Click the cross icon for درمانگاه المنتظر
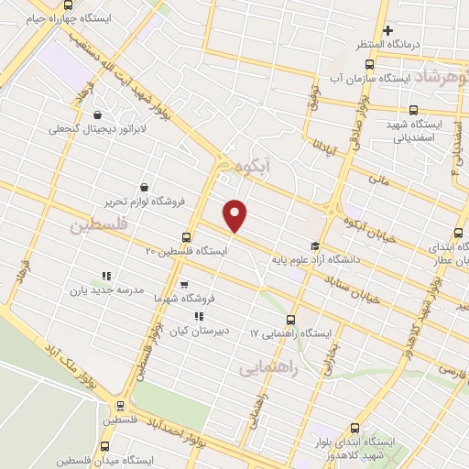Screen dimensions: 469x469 coord(387,29)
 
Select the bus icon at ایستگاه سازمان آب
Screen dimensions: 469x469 coord(370,64)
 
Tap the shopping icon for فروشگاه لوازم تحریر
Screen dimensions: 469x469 coord(145,188)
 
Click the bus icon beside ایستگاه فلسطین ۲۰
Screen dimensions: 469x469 coord(187,236)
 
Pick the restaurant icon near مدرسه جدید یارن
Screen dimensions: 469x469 coord(105,275)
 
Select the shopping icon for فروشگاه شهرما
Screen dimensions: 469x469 coord(184,285)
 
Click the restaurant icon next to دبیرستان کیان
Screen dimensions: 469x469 coord(199,317)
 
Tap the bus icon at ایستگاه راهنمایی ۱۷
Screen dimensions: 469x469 coord(291,320)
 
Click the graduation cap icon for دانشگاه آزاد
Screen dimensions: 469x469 coord(316,245)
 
